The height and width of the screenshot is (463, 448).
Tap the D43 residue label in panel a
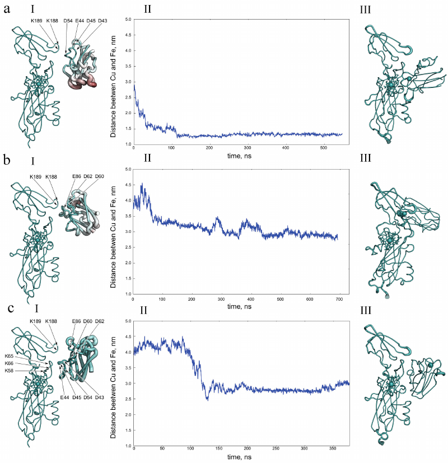tap(102, 21)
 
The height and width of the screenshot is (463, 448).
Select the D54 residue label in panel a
tap(68, 21)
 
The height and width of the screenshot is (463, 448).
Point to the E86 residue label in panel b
tap(76, 176)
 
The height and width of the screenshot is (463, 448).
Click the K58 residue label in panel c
tap(10, 370)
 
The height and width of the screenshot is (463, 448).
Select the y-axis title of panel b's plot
tap(113, 231)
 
